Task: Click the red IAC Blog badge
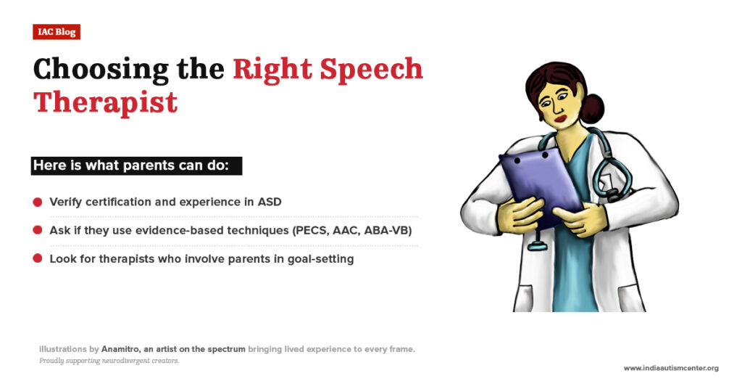tap(57, 32)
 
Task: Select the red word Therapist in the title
tap(106, 102)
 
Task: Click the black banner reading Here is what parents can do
tap(136, 165)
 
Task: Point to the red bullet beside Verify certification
tap(38, 202)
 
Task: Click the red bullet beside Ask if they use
tap(38, 230)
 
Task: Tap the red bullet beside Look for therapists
tap(38, 258)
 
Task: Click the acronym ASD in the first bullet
tap(269, 202)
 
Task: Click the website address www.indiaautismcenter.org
tap(671, 369)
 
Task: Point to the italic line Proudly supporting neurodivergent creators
tap(109, 361)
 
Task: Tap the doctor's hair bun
tap(592, 108)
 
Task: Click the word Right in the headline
tap(272, 69)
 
